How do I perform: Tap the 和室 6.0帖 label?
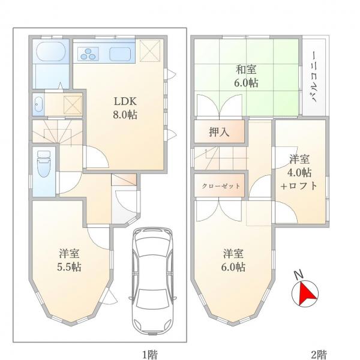pyautogui.click(x=246, y=77)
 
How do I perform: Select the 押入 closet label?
pyautogui.click(x=219, y=133)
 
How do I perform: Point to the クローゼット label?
pyautogui.click(x=220, y=186)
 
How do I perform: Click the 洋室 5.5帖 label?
pyautogui.click(x=70, y=259)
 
